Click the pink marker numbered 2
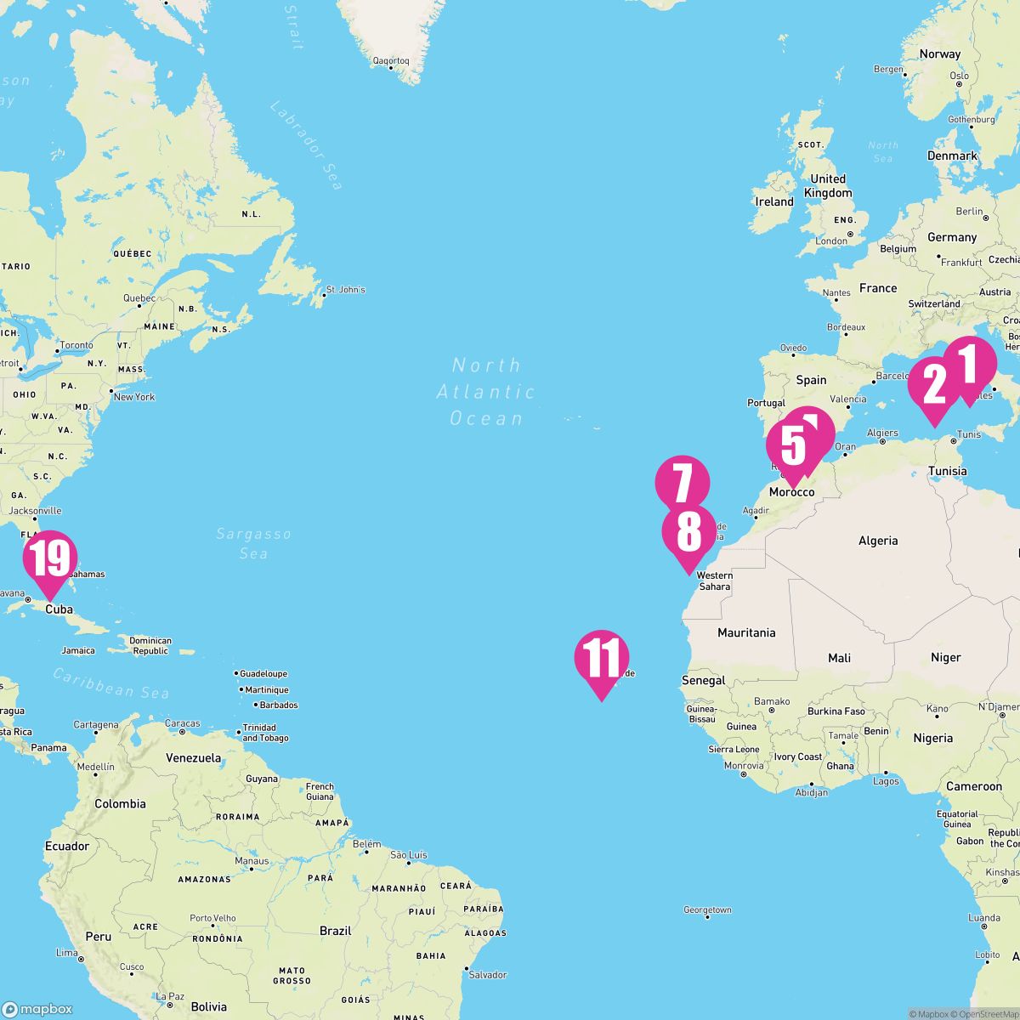click(x=934, y=387)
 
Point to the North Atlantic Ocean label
click(x=486, y=392)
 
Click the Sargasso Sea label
click(x=253, y=543)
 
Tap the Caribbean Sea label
click(x=110, y=683)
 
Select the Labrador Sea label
click(x=306, y=144)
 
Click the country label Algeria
click(x=878, y=541)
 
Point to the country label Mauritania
click(x=746, y=632)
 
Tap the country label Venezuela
click(x=193, y=757)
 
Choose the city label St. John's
click(x=346, y=290)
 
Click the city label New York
click(x=134, y=397)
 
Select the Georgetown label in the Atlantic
click(x=707, y=910)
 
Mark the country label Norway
click(x=939, y=54)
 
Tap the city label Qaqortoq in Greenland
click(x=391, y=61)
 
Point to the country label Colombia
click(x=120, y=803)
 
